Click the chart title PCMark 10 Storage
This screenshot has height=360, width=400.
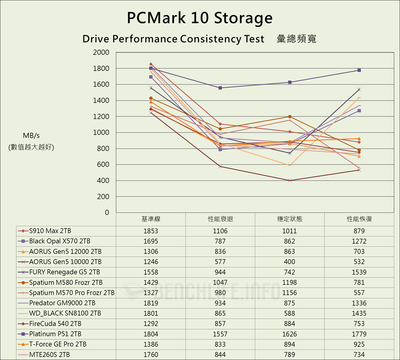200,18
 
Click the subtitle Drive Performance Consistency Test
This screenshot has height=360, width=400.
173,39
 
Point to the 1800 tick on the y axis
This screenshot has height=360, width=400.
101,68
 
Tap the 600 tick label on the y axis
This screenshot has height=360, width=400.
103,164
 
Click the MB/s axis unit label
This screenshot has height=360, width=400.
31,135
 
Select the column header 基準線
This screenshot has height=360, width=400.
151,219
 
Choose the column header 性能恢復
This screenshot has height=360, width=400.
359,219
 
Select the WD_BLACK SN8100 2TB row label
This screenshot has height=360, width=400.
65,313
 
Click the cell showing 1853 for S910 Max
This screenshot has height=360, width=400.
151,231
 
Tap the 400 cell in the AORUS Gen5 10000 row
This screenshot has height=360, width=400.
290,262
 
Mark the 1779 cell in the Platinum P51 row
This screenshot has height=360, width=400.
359,334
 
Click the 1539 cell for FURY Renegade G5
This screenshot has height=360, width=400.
359,272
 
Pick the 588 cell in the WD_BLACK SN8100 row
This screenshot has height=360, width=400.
290,313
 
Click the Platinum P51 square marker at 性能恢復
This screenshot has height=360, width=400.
359,70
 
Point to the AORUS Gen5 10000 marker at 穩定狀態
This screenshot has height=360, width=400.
290,180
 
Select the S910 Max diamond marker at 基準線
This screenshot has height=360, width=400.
151,64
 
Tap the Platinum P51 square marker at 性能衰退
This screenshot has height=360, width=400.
220,88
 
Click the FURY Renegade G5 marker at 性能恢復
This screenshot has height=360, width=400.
359,89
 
